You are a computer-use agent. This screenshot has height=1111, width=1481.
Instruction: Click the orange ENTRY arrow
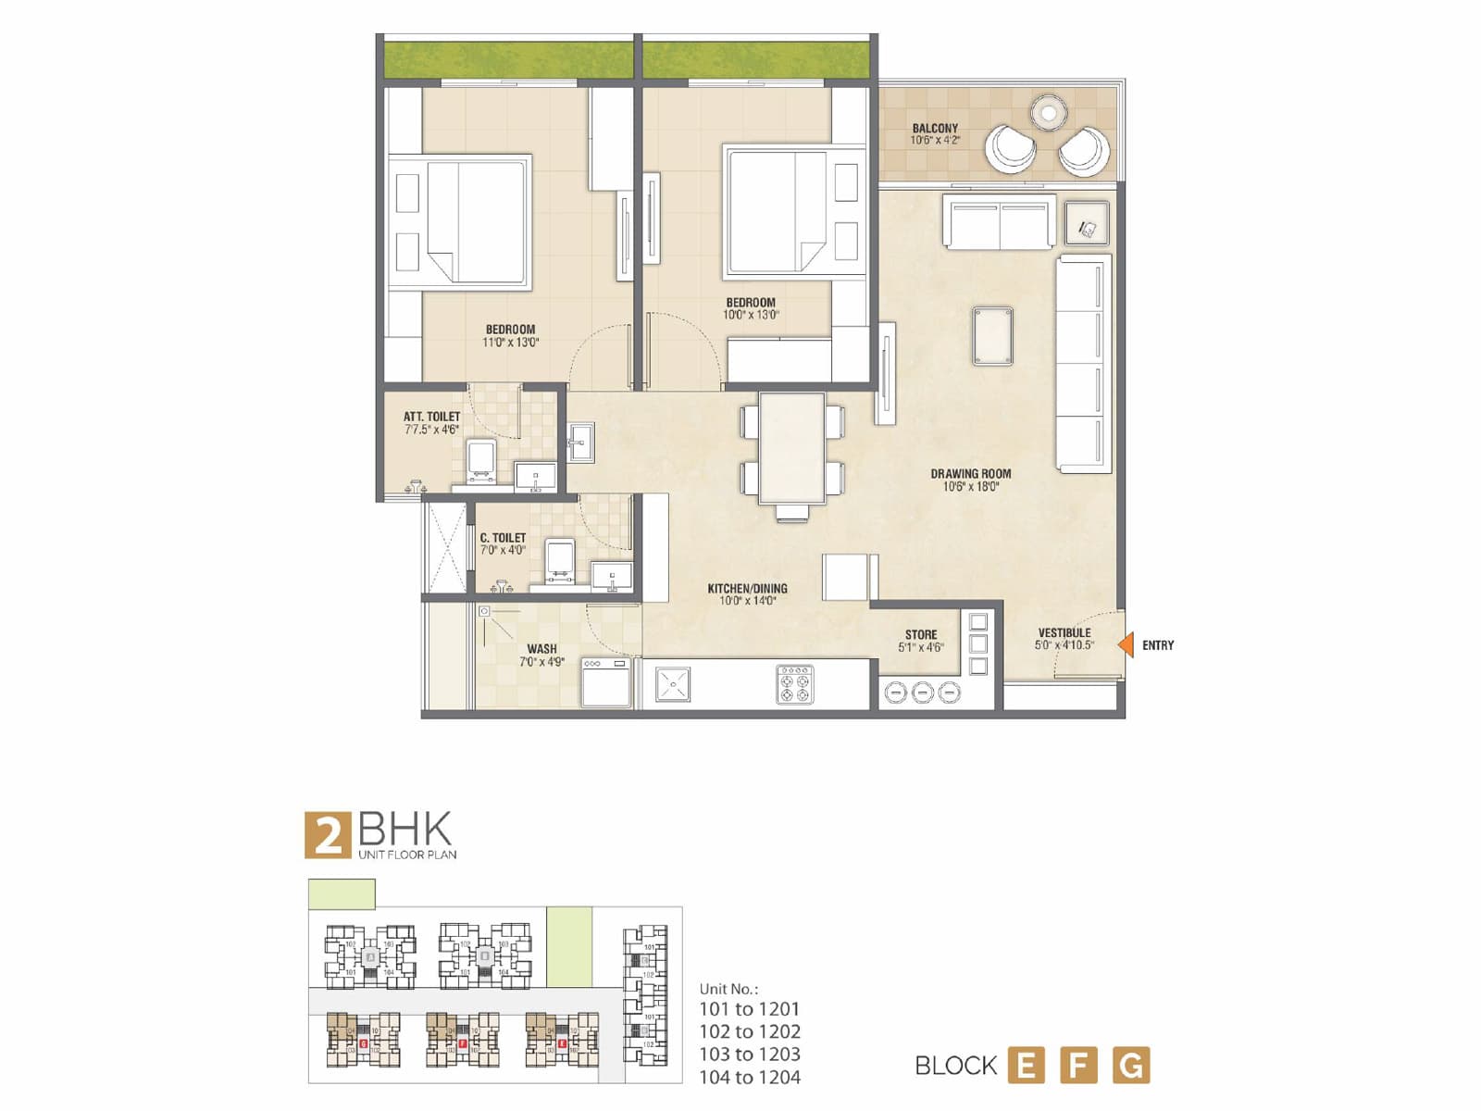[1126, 644]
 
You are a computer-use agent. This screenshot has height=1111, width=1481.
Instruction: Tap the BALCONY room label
[935, 129]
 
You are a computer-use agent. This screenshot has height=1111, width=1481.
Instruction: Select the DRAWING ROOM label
[970, 473]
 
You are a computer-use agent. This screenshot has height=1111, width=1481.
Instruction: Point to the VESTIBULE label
[1064, 633]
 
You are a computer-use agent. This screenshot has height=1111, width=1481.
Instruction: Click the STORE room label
[921, 635]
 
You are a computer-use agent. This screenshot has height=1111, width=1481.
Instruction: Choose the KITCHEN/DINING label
[747, 588]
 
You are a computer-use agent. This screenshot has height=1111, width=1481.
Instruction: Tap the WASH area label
[541, 649]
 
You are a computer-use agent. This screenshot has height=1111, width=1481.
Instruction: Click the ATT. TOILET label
[431, 417]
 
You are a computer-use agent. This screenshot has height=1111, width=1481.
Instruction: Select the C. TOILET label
[503, 538]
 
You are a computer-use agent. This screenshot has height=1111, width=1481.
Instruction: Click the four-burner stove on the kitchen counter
[795, 684]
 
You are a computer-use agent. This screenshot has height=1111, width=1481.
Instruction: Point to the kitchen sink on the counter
[673, 684]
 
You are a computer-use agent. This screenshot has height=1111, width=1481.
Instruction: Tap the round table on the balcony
[1049, 113]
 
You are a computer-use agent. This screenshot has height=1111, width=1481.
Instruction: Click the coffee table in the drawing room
[992, 335]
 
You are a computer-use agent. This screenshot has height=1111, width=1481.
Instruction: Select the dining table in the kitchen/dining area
[791, 448]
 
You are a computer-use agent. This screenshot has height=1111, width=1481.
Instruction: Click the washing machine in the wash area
[606, 683]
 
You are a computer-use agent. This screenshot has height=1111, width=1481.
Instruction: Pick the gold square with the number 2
[328, 835]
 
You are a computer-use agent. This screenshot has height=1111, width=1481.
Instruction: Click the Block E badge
[1026, 1065]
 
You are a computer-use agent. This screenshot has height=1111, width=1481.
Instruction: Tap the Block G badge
[1131, 1065]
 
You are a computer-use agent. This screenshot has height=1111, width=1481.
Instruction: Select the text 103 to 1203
[750, 1054]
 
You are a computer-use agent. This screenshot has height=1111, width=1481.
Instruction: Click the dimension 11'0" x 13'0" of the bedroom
[510, 343]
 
